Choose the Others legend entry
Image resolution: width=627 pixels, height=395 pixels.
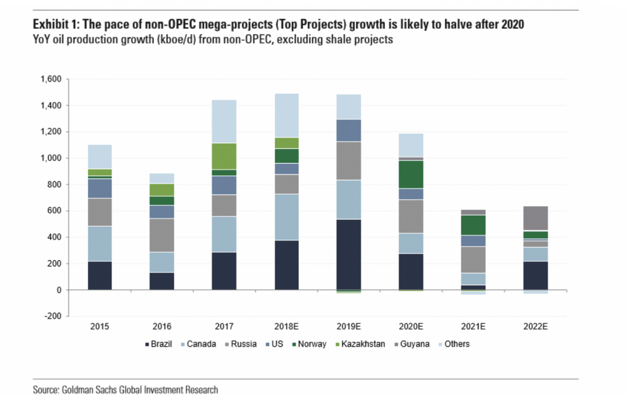(457, 344)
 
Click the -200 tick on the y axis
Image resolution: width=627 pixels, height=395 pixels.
(53, 316)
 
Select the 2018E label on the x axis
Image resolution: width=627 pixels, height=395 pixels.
(286, 327)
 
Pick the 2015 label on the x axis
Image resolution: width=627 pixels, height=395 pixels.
(99, 327)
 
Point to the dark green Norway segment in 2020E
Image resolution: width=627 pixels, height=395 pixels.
(411, 174)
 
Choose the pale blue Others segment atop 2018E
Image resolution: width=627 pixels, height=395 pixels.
(286, 115)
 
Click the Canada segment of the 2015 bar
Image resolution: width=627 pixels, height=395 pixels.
(100, 243)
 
